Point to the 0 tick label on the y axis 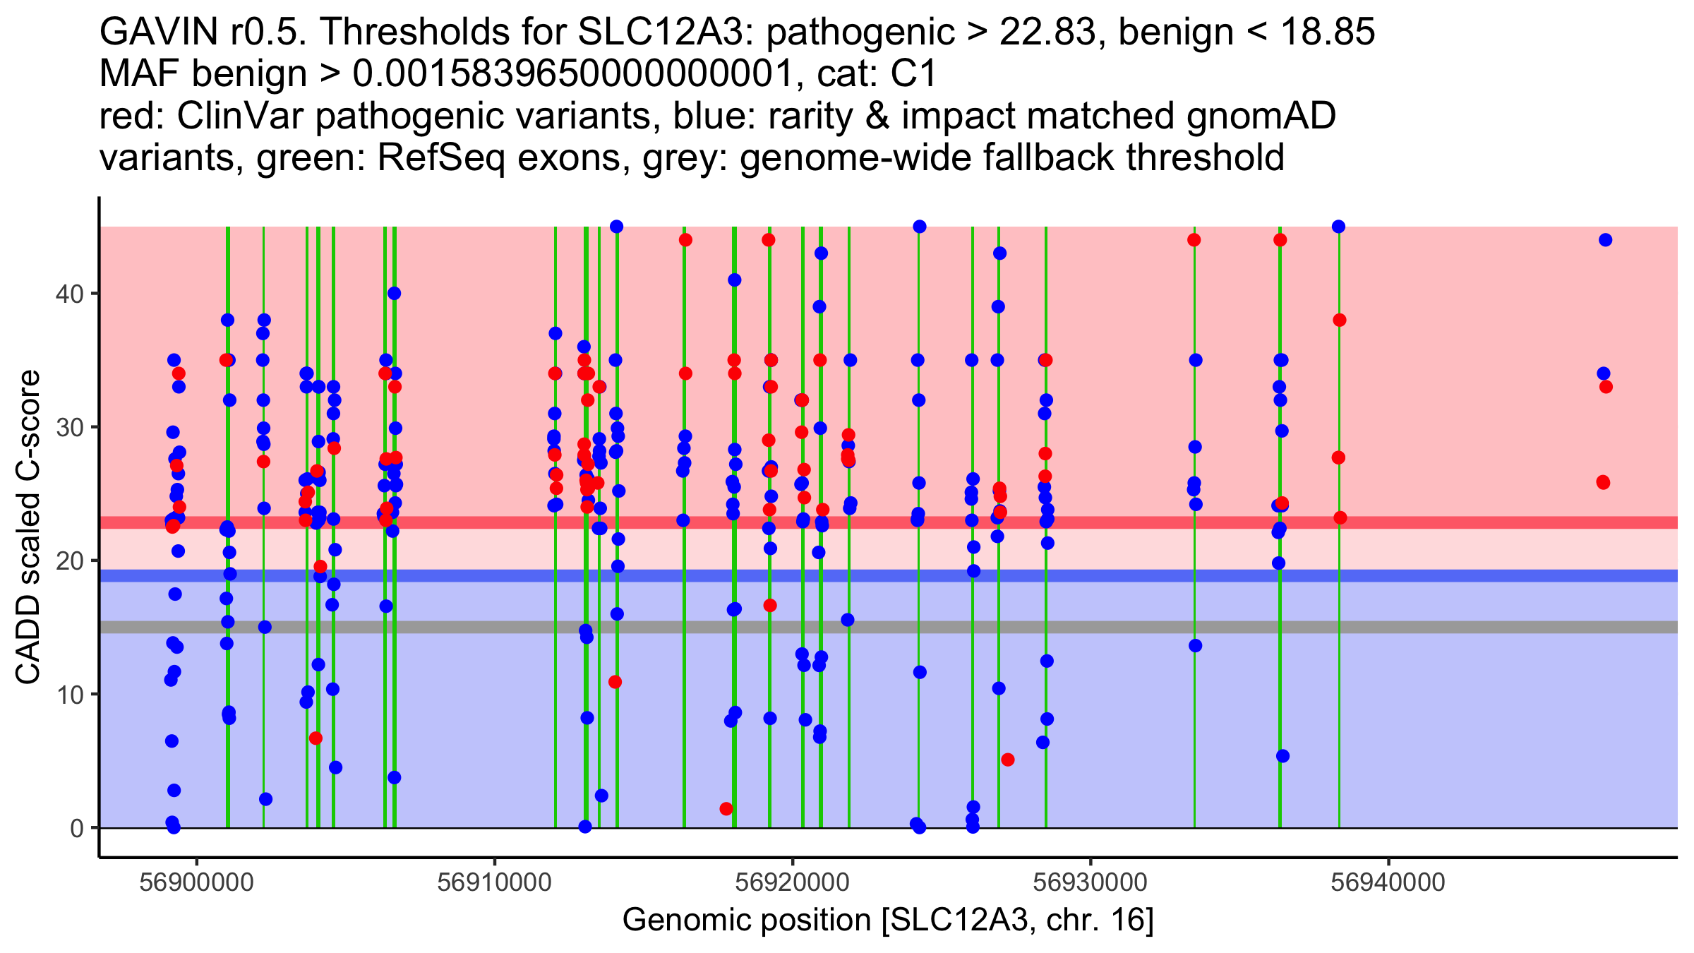[76, 828]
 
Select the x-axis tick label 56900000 [196, 882]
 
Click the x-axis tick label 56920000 [793, 882]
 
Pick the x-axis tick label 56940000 [1388, 882]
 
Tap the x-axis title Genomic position [888, 921]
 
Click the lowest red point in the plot [726, 809]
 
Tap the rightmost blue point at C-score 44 [1605, 240]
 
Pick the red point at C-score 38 [1339, 320]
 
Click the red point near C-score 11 [615, 682]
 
